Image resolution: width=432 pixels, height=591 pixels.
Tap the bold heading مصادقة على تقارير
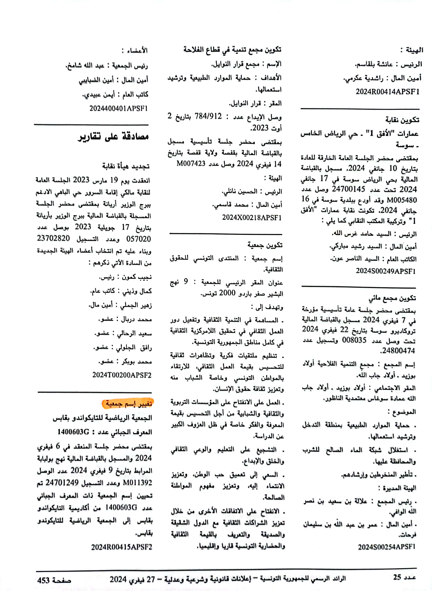[113, 137]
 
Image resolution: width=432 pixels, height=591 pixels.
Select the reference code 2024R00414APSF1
[387, 92]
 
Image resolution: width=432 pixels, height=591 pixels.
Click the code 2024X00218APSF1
[252, 218]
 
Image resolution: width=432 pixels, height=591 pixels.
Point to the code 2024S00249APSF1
[385, 271]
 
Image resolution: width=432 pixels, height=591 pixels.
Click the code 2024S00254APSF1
[386, 547]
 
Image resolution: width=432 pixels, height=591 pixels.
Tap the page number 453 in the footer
[43, 580]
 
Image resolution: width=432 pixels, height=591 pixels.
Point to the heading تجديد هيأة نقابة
[126, 166]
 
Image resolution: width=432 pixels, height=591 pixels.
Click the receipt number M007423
[191, 164]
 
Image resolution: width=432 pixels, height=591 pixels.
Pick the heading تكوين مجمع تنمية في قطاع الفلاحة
[232, 49]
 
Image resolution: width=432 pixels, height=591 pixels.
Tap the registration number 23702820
[53, 238]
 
